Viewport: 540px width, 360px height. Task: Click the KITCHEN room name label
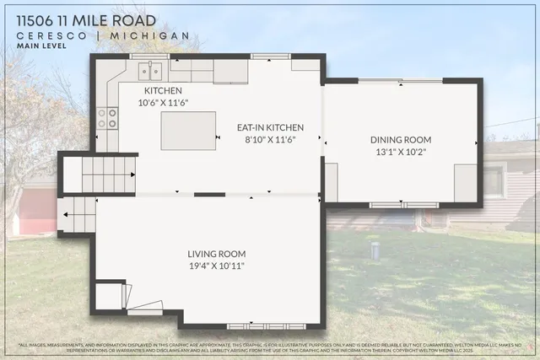click(163, 91)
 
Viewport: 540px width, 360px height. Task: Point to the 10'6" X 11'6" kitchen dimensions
click(165, 102)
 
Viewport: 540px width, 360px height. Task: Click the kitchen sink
click(149, 70)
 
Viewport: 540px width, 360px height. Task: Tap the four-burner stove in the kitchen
click(107, 118)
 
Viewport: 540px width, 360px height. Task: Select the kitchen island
click(182, 131)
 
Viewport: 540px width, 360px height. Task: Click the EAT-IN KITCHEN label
click(270, 128)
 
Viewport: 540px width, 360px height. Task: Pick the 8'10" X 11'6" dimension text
click(270, 140)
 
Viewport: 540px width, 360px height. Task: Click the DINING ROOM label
click(401, 140)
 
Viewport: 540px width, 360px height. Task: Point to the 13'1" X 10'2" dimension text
click(401, 153)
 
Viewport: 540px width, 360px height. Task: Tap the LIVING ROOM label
click(216, 254)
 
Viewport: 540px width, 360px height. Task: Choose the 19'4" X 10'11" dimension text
click(216, 266)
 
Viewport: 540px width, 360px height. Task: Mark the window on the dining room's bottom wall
click(403, 205)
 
